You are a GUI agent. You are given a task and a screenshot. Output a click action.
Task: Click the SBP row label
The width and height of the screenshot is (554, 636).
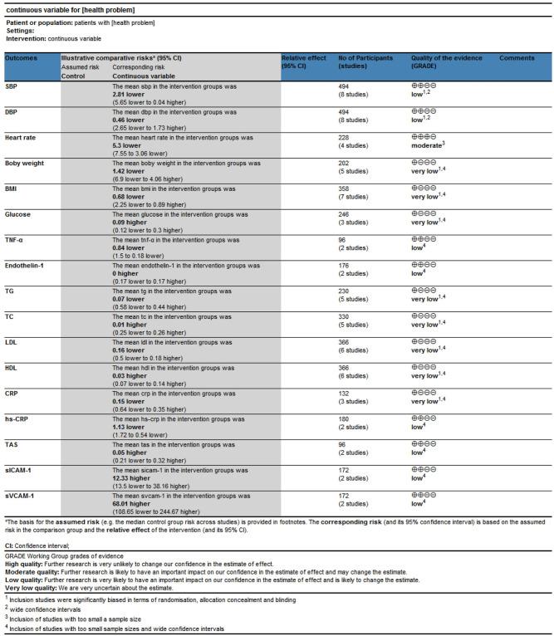[12, 86]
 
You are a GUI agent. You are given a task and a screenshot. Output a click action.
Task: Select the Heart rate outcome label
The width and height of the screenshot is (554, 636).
[20, 135]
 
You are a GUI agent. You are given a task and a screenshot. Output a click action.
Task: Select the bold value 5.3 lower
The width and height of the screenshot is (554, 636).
[129, 144]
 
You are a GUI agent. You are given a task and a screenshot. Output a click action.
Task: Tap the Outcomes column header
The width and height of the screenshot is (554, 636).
[22, 58]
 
